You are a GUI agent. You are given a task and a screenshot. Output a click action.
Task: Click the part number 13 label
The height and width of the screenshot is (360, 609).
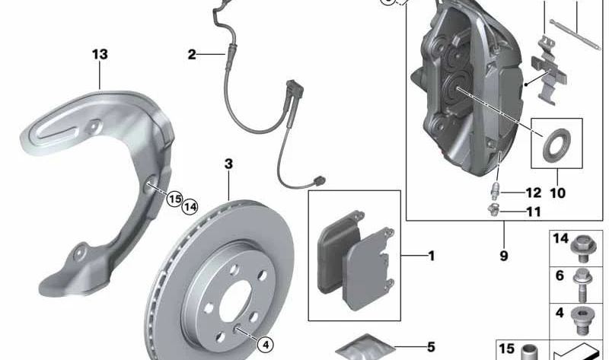coord(100,54)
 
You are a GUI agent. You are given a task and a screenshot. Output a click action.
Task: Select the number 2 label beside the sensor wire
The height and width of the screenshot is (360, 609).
coord(192,54)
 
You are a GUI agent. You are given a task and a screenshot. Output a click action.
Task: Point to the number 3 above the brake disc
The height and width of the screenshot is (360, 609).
coord(229,164)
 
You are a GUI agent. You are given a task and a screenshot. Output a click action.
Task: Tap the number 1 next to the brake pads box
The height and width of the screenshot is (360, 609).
coord(431,256)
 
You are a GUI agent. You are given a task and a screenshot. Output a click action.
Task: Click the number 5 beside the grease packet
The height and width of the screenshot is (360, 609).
coord(431,347)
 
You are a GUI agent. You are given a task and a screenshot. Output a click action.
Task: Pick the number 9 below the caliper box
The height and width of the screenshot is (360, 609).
coord(504,256)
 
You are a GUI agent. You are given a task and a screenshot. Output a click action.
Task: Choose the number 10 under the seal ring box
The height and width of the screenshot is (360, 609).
coord(558,193)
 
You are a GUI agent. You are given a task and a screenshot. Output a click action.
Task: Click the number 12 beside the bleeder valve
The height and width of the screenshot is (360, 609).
coord(534,193)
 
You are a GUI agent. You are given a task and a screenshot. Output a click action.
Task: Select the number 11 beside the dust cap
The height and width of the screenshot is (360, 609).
coord(534,212)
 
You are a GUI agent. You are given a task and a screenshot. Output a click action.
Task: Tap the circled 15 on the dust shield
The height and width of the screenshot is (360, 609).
coord(175,199)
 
